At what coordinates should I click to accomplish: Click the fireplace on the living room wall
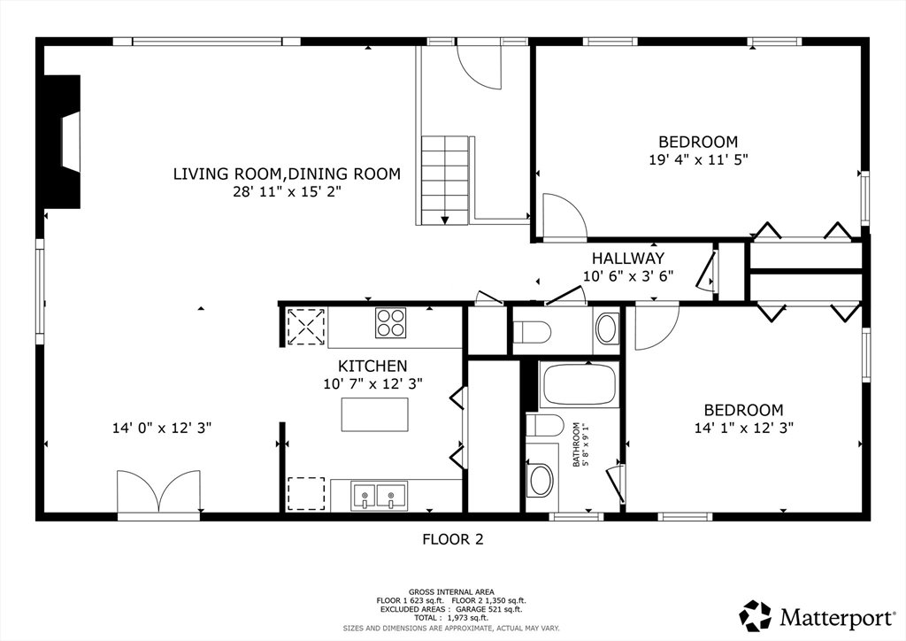tap(64, 142)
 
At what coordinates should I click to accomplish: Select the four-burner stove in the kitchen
tap(391, 322)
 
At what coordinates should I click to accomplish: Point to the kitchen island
tap(375, 414)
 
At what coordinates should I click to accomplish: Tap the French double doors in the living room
tap(158, 492)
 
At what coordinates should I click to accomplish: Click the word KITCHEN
tap(372, 366)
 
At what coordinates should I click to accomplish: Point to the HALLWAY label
tap(628, 259)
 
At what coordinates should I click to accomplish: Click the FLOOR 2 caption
tap(452, 538)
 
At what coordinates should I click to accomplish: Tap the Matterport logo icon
tap(756, 615)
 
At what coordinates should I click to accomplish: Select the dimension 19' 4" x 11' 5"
tap(698, 160)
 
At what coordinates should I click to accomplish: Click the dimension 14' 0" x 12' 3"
tap(162, 428)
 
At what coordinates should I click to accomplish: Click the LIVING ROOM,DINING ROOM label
tap(287, 174)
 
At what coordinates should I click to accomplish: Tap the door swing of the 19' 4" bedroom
tap(564, 217)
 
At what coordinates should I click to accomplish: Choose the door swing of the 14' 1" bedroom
tap(655, 325)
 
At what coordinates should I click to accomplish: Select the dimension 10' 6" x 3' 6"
tap(628, 275)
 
